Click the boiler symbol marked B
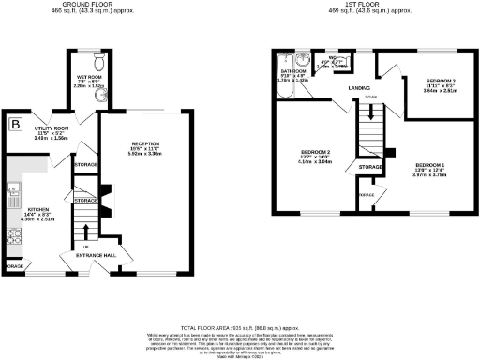pos(14,124)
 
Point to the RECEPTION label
pos(146,144)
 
